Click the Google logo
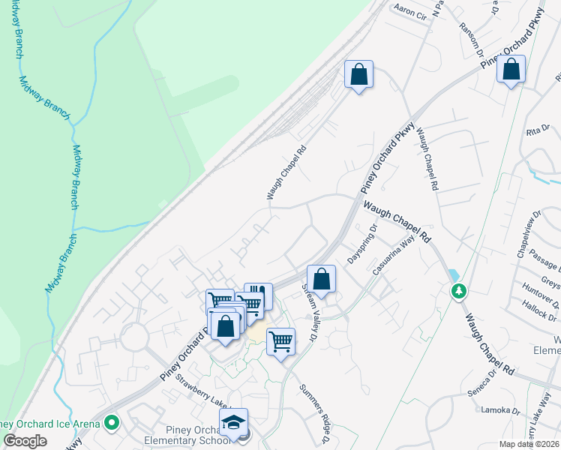25,441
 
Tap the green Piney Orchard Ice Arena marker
112,424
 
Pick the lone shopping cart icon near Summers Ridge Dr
280,341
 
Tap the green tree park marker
457,289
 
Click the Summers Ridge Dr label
315,414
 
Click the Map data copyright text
529,444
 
